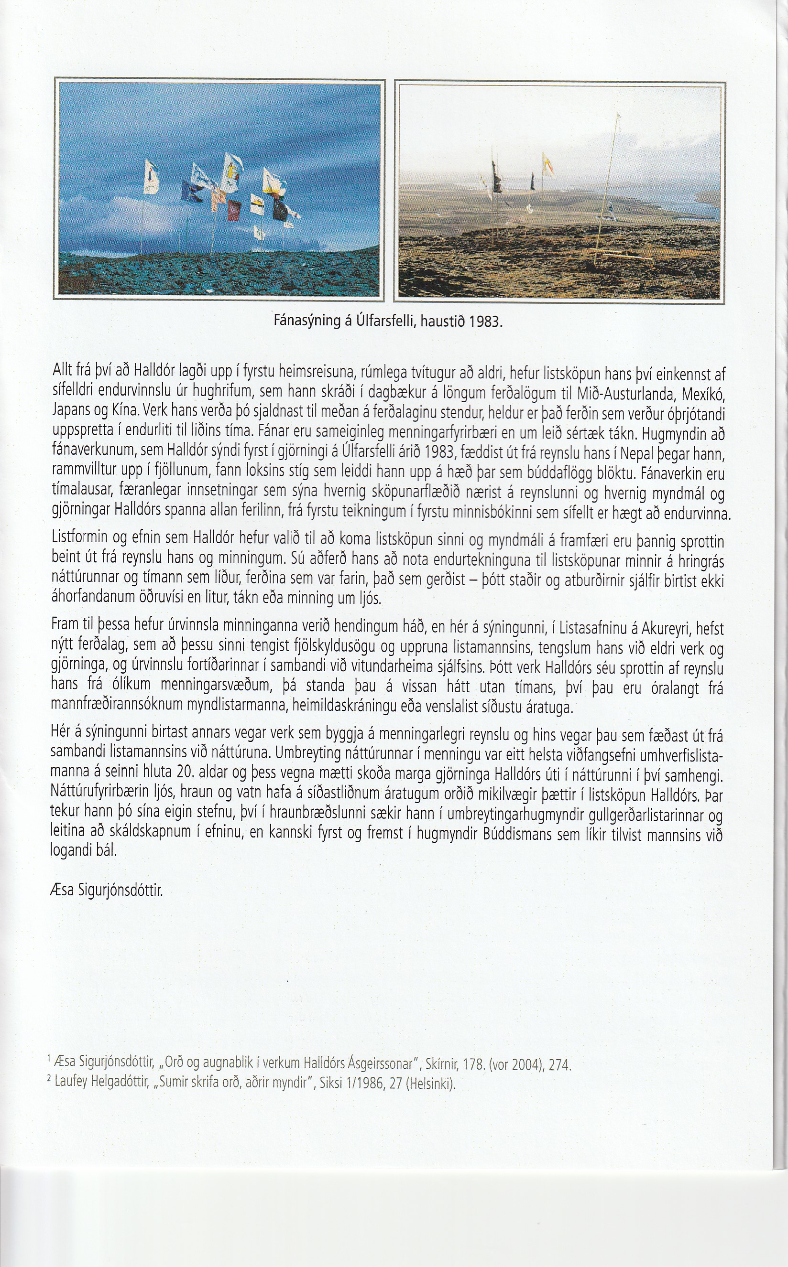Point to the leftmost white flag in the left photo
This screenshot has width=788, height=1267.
tap(151, 177)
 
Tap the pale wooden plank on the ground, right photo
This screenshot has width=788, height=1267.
tap(626, 256)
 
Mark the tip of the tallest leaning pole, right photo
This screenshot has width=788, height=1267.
tap(618, 114)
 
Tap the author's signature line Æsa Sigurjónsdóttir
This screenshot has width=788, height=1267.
tap(107, 891)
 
